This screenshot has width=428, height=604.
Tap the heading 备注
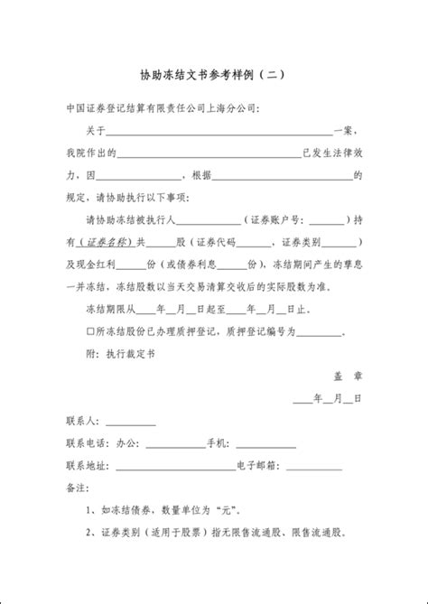pyautogui.click(x=77, y=488)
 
